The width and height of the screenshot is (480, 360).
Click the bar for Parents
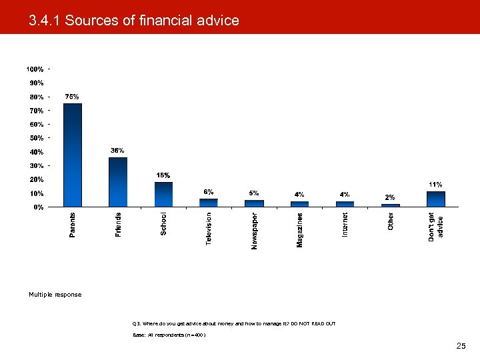72,155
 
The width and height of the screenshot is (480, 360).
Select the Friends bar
117,182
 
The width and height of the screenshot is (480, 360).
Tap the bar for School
163,194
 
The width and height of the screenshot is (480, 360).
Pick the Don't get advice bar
435,199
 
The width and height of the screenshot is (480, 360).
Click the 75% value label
72,97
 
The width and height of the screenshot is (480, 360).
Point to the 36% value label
117,151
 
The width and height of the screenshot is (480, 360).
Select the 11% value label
435,184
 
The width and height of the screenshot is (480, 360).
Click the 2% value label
391,197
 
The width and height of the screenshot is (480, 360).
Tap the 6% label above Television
209,191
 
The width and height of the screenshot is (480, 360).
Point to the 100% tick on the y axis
35,69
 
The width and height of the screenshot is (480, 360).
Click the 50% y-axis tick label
35,138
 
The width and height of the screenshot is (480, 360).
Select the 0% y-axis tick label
39,207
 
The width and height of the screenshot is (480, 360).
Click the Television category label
209,229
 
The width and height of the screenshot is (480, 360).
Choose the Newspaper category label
254,231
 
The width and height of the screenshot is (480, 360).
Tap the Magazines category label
299,230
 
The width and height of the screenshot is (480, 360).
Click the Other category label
391,222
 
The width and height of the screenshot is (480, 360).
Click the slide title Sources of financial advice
133,21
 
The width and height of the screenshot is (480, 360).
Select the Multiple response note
55,295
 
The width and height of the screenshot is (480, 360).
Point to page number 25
461,346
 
